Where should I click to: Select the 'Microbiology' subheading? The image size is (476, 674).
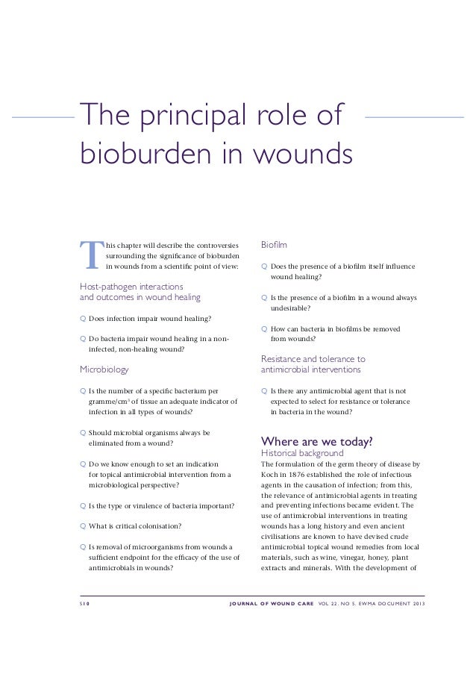tap(104, 369)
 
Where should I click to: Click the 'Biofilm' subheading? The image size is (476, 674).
tap(274, 245)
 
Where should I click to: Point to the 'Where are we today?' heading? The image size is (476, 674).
tap(316, 440)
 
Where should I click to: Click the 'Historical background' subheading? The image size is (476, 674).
tap(301, 453)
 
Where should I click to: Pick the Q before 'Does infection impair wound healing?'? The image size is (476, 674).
tap(83, 319)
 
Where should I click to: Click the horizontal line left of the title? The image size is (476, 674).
tap(45, 117)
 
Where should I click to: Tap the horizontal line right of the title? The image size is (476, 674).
tap(417, 117)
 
